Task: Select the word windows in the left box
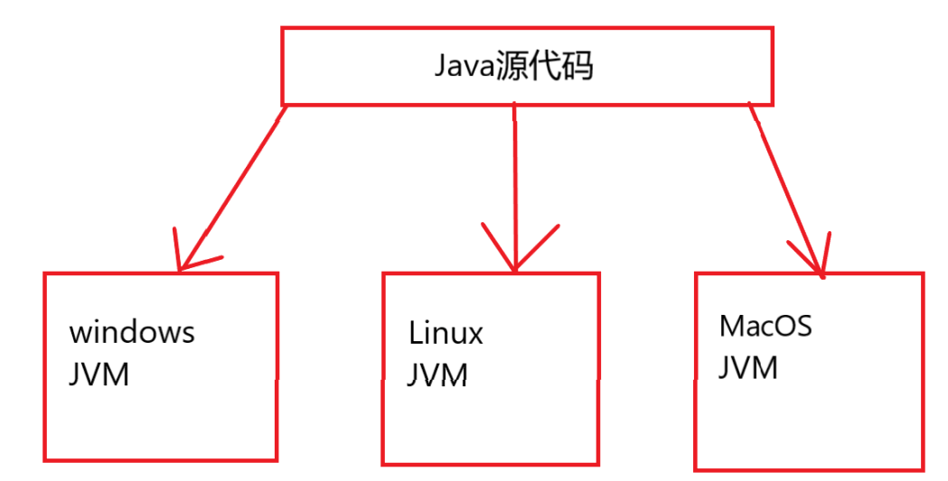[132, 332]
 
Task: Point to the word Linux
[446, 334]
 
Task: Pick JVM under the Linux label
[437, 375]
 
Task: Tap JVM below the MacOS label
[748, 367]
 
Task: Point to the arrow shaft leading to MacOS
[784, 185]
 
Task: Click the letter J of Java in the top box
[441, 68]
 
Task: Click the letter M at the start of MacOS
[730, 326]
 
